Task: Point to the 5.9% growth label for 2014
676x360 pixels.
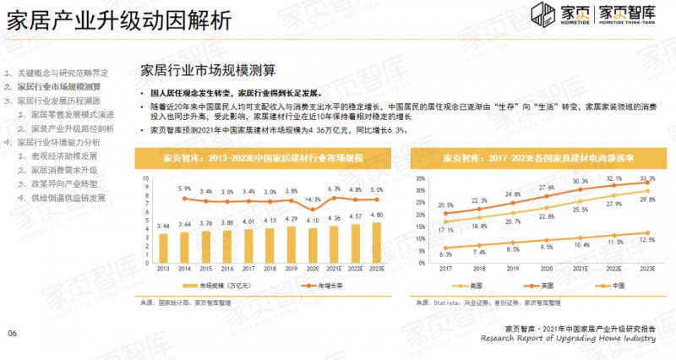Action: (184, 188)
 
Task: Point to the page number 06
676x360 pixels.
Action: (13, 334)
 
